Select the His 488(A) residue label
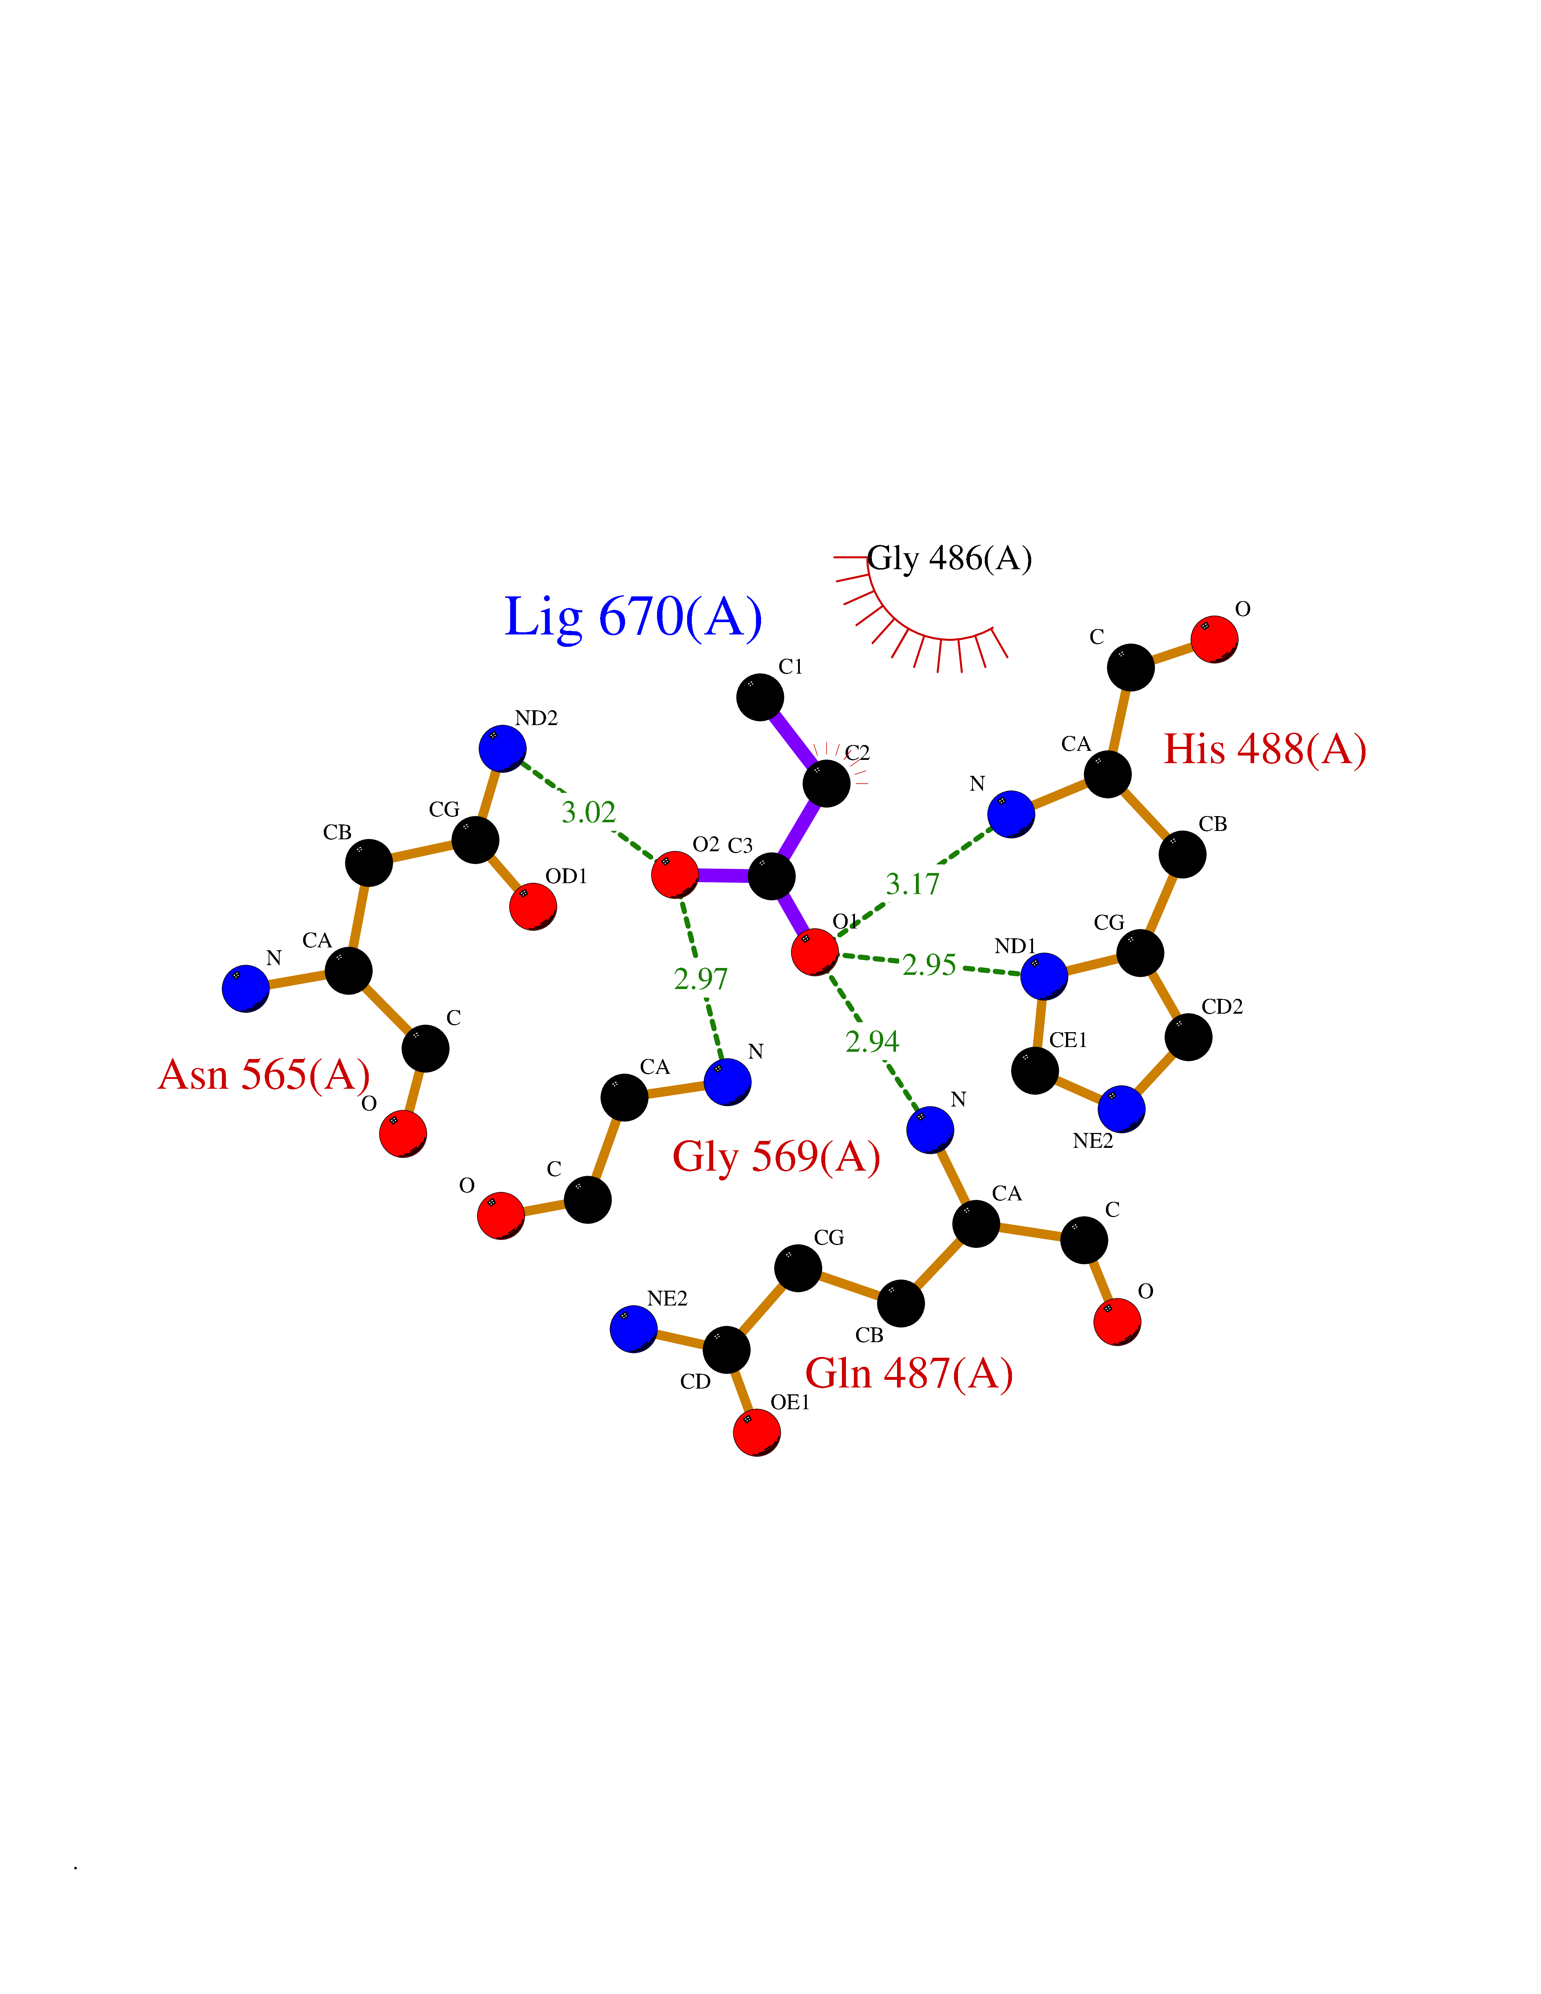click(1264, 750)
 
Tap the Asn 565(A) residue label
click(264, 1075)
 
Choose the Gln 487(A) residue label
click(909, 1373)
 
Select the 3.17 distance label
click(912, 884)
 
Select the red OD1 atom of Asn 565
click(533, 906)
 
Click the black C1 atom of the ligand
click(760, 698)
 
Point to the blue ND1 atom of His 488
click(1044, 976)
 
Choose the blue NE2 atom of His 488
click(1121, 1108)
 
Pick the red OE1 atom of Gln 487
click(757, 1432)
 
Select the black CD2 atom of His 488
click(1188, 1036)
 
